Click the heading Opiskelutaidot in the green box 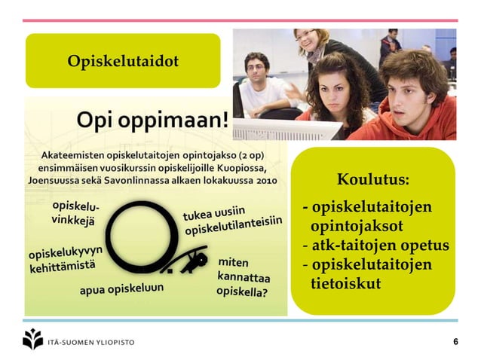tap(123, 60)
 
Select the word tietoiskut tap(345, 283)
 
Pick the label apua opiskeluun tap(121, 288)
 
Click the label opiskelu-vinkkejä tap(75, 212)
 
